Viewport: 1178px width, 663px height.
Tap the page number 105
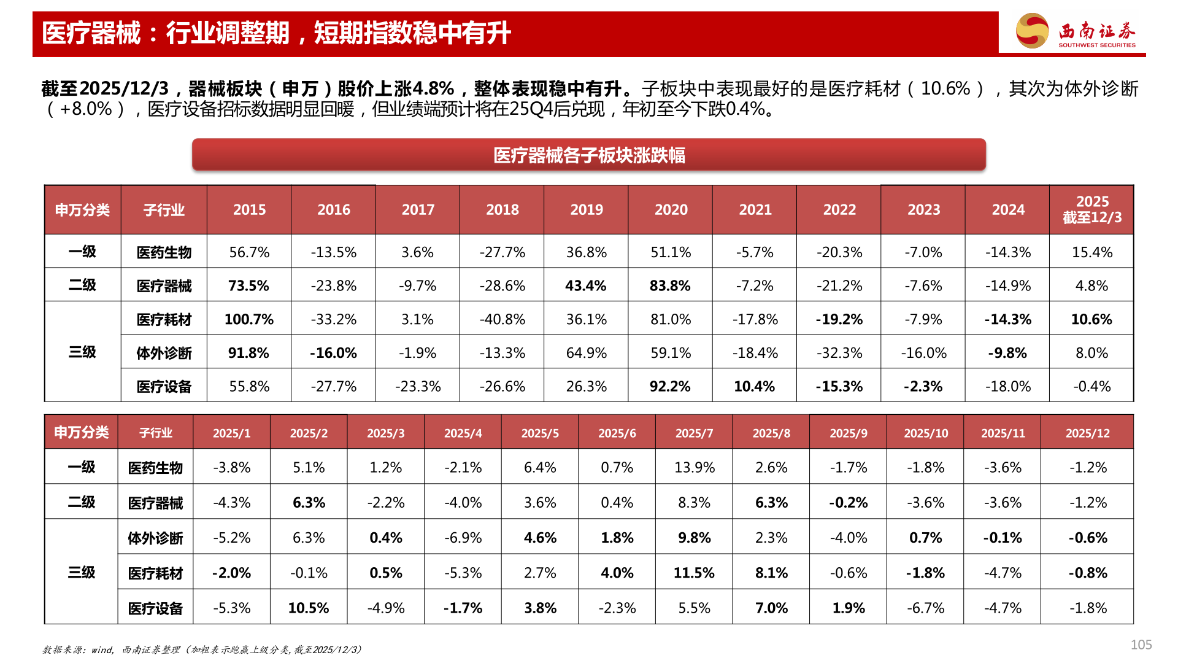pyautogui.click(x=1141, y=645)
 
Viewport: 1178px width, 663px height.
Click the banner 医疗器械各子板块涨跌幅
pyautogui.click(x=588, y=155)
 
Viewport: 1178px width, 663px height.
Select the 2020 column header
pyautogui.click(x=671, y=210)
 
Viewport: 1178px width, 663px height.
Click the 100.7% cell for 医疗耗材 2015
pyautogui.click(x=248, y=319)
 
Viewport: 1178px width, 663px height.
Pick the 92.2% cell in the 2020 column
pyautogui.click(x=670, y=387)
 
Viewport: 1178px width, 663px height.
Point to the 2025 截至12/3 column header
pyautogui.click(x=1091, y=210)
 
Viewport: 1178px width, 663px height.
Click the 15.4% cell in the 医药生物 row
pyautogui.click(x=1091, y=252)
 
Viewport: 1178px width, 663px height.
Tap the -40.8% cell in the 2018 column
pyautogui.click(x=502, y=319)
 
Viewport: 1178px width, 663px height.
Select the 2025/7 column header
pyautogui.click(x=694, y=433)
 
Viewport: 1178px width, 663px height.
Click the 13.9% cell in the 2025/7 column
pyautogui.click(x=694, y=468)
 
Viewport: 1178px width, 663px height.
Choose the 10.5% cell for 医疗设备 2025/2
pyautogui.click(x=309, y=608)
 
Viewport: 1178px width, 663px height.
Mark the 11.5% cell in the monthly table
pyautogui.click(x=694, y=573)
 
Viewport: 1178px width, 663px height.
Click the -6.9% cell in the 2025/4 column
pyautogui.click(x=463, y=538)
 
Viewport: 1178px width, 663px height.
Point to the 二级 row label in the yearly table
pyautogui.click(x=82, y=285)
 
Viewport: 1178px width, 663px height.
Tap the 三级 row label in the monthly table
pyautogui.click(x=81, y=573)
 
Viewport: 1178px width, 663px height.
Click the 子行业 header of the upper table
pyautogui.click(x=164, y=210)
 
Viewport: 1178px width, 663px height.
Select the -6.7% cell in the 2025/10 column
pyautogui.click(x=925, y=608)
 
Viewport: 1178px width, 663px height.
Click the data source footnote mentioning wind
pyautogui.click(x=202, y=649)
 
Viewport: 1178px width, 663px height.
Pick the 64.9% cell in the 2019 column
pyautogui.click(x=586, y=353)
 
